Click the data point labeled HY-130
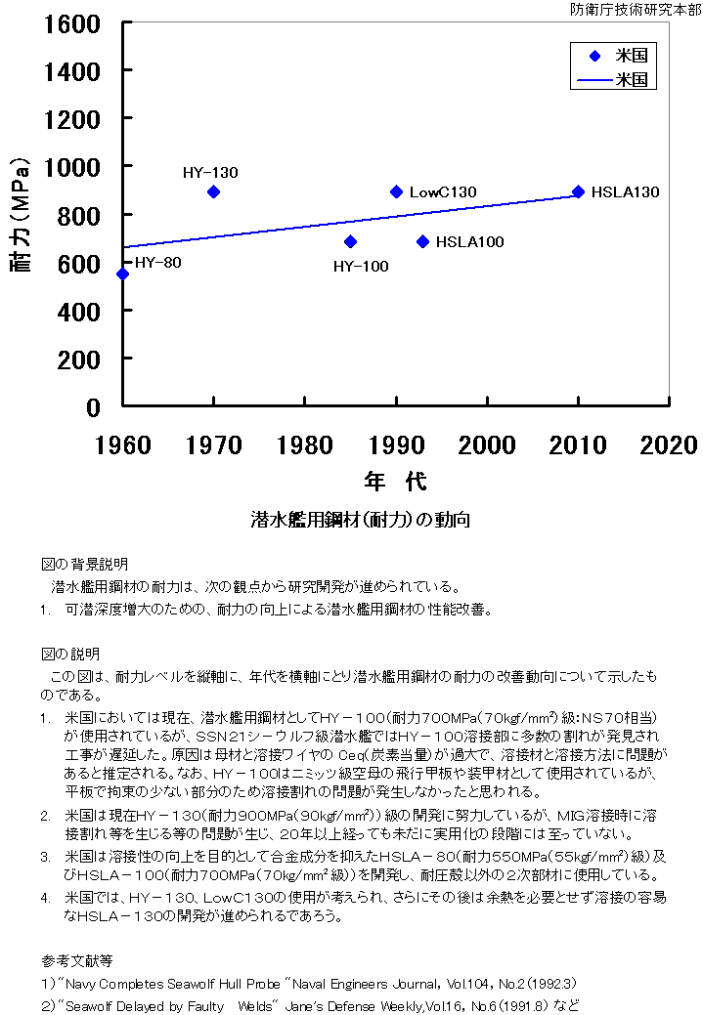pyautogui.click(x=213, y=191)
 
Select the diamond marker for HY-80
pyautogui.click(x=122, y=274)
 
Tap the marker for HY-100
pyautogui.click(x=350, y=241)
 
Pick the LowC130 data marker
pyautogui.click(x=396, y=191)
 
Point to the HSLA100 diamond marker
pyautogui.click(x=422, y=241)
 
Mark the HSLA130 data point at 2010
pyautogui.click(x=578, y=191)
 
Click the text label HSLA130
pyautogui.click(x=625, y=192)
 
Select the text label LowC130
pyautogui.click(x=443, y=192)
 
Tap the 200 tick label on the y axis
pyautogui.click(x=79, y=359)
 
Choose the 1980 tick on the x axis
pyautogui.click(x=305, y=445)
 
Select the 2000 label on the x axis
pyautogui.click(x=487, y=445)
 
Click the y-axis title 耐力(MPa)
pyautogui.click(x=22, y=215)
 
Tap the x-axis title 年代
pyautogui.click(x=395, y=482)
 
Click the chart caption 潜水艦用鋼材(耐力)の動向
pyautogui.click(x=360, y=520)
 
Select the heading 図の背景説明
pyautogui.click(x=84, y=565)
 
